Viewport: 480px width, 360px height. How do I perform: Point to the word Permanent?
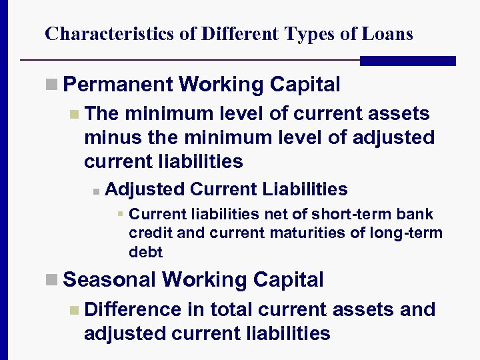[117, 85]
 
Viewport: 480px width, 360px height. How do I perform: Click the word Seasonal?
[111, 279]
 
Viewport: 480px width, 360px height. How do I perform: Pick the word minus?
[111, 137]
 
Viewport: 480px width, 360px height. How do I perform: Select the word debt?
[145, 252]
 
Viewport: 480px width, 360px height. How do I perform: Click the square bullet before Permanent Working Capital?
[52, 85]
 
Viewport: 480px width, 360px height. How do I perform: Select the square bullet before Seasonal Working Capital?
[52, 280]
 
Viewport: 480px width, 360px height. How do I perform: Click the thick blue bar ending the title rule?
[407, 61]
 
